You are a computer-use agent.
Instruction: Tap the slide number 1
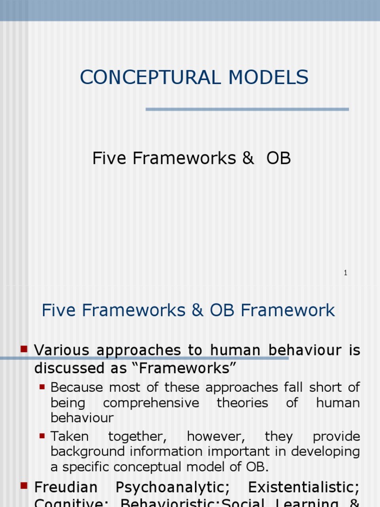click(x=345, y=273)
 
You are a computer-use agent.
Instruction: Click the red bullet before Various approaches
click(x=23, y=349)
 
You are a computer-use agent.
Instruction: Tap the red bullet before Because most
click(x=42, y=385)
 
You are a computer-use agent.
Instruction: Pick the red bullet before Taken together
click(x=42, y=435)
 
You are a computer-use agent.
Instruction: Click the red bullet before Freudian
click(x=23, y=486)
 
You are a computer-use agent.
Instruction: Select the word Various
click(x=62, y=351)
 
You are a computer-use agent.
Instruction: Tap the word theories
click(x=242, y=403)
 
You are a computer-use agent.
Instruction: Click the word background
click(x=90, y=452)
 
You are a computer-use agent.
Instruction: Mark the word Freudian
click(x=66, y=488)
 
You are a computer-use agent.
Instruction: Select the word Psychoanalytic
click(x=173, y=488)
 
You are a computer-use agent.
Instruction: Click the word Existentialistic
click(x=304, y=488)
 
